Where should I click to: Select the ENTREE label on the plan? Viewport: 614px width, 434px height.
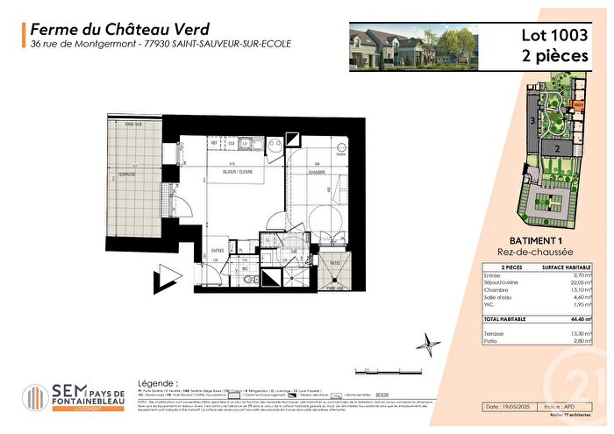218,250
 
